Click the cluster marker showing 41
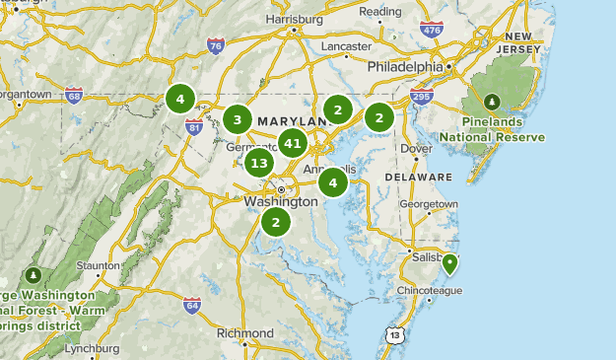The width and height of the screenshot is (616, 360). [292, 143]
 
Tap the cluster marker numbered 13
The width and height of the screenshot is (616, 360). [259, 163]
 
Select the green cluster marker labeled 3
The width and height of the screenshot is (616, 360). [237, 120]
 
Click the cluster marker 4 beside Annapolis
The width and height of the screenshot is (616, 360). [333, 181]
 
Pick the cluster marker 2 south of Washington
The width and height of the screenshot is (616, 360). [276, 222]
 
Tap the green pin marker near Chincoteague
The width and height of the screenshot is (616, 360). [449, 263]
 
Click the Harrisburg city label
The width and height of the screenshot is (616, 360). [294, 19]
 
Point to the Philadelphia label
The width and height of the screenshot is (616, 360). [405, 67]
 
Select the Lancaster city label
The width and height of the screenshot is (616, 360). [346, 46]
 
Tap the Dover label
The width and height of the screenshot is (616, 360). [417, 149]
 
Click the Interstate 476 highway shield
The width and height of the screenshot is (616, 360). [431, 31]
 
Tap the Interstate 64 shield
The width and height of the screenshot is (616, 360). [191, 306]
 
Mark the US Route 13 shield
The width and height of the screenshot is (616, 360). [395, 336]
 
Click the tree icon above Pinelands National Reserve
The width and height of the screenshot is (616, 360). [492, 102]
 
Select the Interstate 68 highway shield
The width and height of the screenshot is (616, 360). [72, 96]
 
